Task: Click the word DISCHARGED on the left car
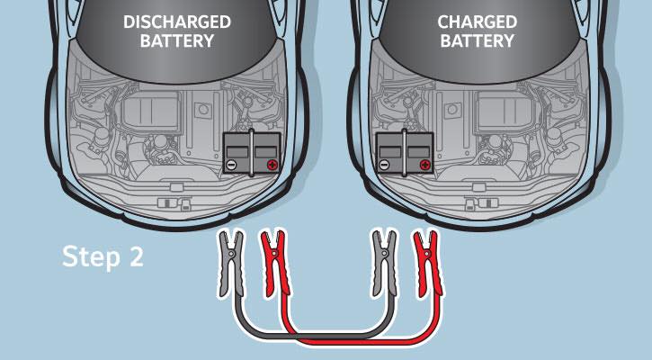click(x=177, y=22)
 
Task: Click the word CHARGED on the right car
click(x=478, y=22)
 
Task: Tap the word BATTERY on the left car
click(x=177, y=40)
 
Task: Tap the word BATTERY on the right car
click(x=478, y=40)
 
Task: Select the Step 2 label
click(x=103, y=256)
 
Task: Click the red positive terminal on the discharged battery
click(x=272, y=165)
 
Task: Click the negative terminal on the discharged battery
click(x=232, y=165)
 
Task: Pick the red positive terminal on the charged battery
click(x=424, y=165)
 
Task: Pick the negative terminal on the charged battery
click(x=384, y=165)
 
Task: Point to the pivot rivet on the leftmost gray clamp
click(x=232, y=253)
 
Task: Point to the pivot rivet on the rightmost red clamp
click(x=425, y=253)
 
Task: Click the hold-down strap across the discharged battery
click(x=251, y=152)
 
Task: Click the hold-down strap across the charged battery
click(x=404, y=152)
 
